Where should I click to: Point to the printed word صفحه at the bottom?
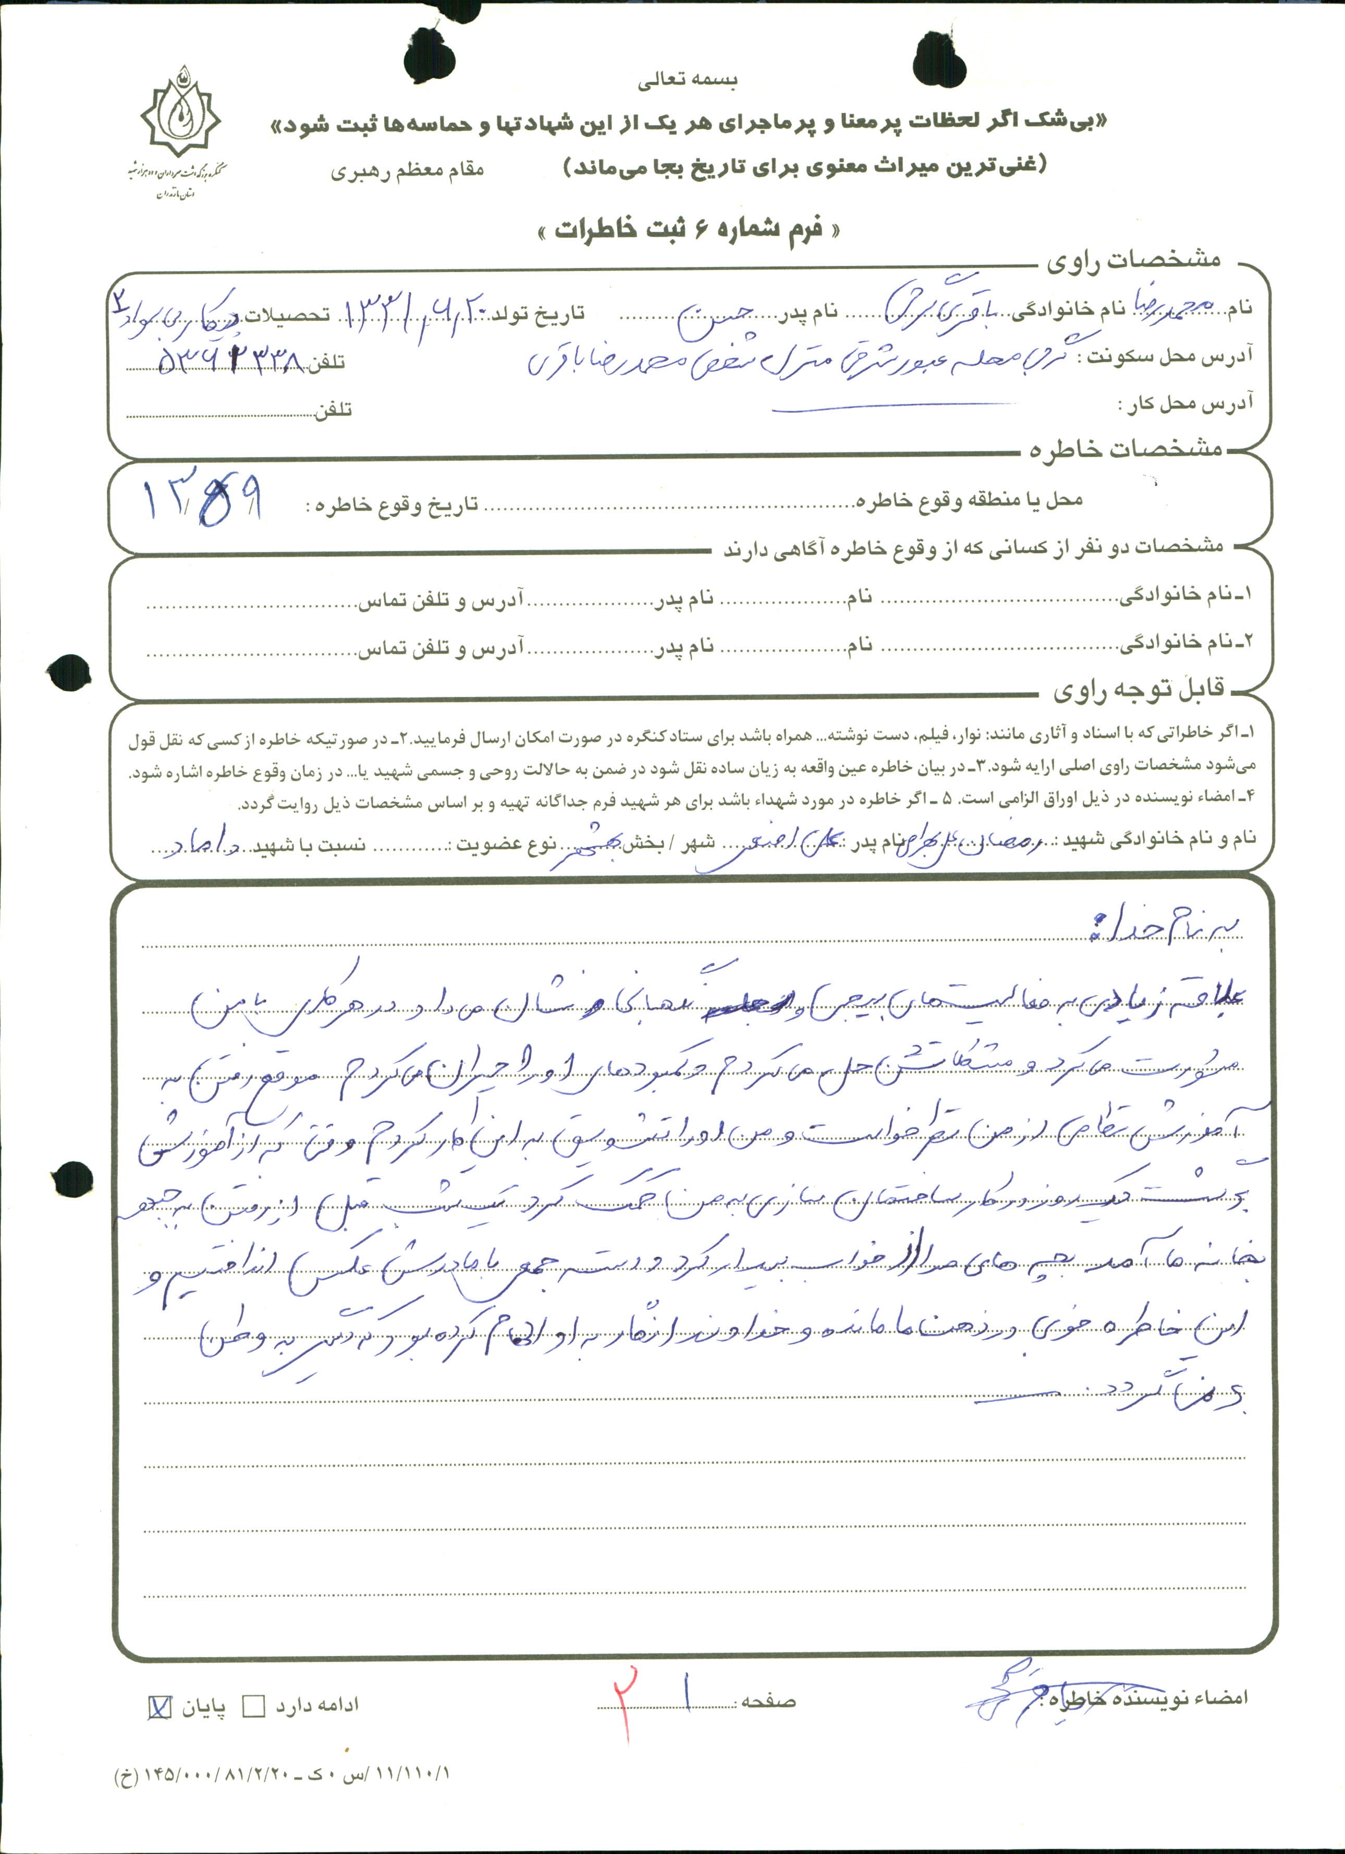(768, 1702)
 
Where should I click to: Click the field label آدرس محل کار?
(1185, 404)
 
